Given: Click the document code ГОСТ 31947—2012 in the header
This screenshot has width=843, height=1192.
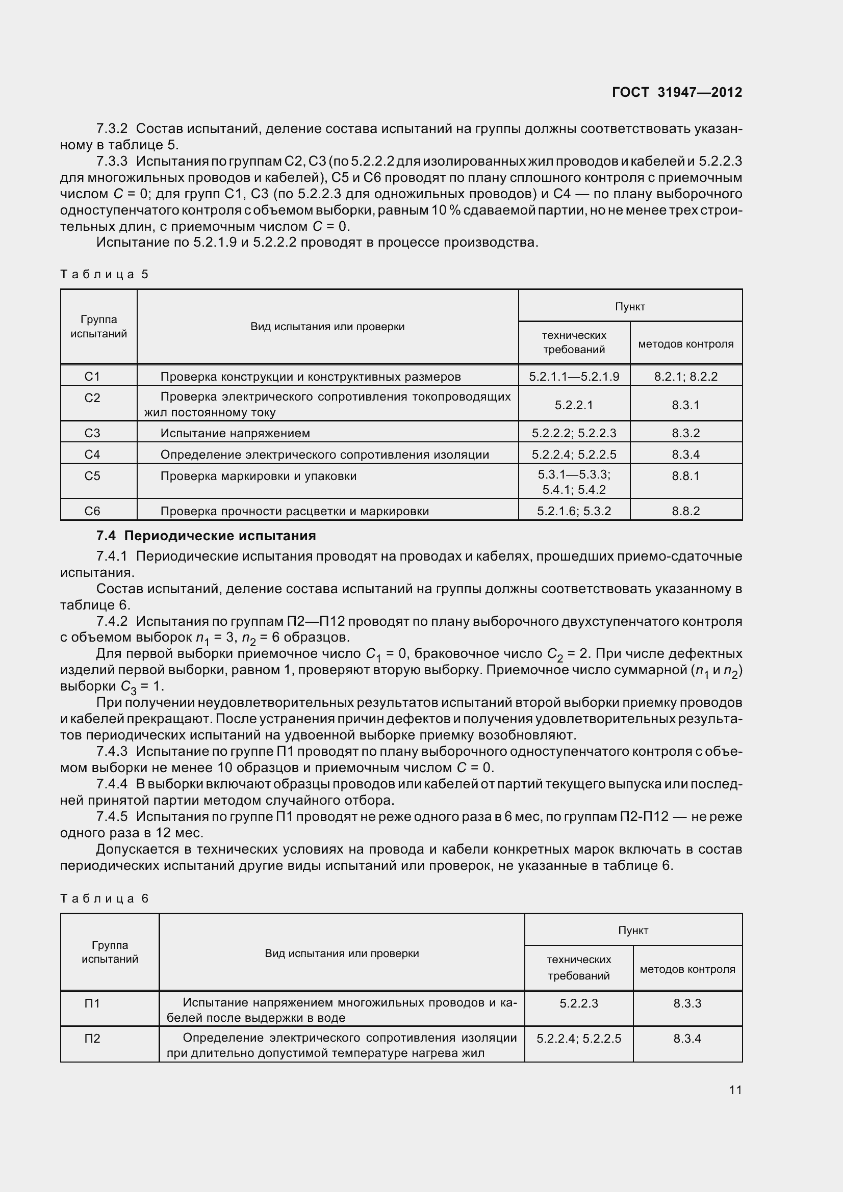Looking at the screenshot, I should [677, 92].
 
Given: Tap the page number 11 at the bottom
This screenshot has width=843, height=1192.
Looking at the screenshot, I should [735, 1089].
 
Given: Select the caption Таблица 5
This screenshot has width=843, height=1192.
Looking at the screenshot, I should [105, 274].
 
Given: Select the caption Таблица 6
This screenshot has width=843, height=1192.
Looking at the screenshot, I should [105, 898].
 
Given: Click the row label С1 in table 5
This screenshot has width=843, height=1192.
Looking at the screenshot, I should [92, 377].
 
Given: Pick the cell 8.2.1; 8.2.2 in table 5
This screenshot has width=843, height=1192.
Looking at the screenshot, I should [685, 377].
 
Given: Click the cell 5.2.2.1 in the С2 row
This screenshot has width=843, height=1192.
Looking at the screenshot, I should [573, 405].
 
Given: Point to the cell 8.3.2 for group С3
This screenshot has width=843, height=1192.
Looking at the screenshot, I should [685, 433].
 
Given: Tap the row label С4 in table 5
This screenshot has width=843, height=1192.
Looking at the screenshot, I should [92, 455].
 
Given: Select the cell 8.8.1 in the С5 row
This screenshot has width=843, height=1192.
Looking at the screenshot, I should [685, 476].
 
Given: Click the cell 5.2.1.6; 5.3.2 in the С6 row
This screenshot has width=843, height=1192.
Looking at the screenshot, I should [573, 511].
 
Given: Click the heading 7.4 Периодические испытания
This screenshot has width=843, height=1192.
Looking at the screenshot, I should [206, 536].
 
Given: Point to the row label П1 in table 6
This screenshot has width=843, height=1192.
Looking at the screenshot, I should [92, 1003].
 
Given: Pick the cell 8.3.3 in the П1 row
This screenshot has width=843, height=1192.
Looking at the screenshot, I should [687, 1003].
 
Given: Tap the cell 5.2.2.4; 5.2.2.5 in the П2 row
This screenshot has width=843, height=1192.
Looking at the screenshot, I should [579, 1039].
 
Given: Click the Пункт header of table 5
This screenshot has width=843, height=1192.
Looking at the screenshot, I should [629, 307].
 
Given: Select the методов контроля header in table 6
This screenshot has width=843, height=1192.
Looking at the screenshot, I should [687, 969].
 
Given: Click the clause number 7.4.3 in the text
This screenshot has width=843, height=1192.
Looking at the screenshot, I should [112, 751].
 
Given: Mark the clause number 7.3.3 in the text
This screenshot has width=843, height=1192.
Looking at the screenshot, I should [112, 162].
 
